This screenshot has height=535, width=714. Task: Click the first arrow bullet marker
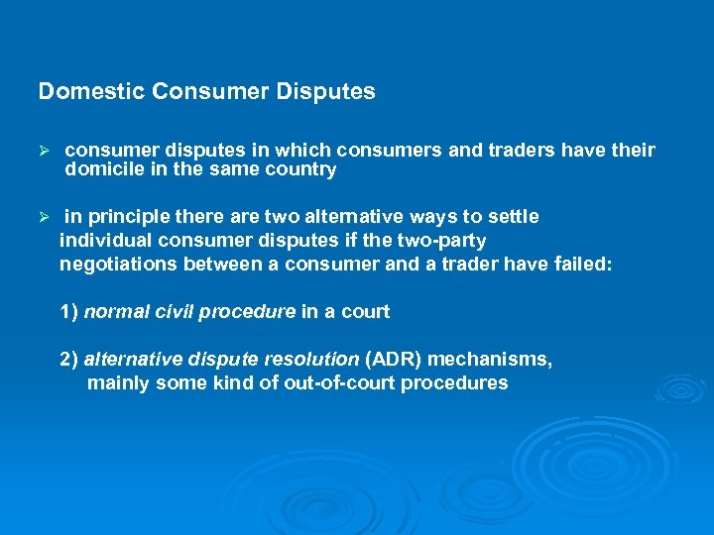click(x=43, y=151)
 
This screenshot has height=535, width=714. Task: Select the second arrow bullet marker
click(x=43, y=217)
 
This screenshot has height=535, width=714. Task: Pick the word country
click(x=303, y=169)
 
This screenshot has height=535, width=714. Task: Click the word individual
click(x=103, y=241)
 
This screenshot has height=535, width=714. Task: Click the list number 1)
click(x=69, y=312)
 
